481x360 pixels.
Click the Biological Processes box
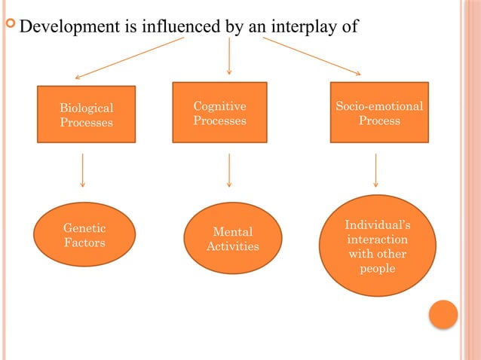[x=87, y=114]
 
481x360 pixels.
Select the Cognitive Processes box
[x=219, y=112]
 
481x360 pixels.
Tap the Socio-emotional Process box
[x=379, y=112]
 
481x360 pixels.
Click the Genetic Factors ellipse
[x=84, y=235]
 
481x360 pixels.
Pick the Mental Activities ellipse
[x=233, y=238]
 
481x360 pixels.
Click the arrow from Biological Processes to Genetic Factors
[x=82, y=171]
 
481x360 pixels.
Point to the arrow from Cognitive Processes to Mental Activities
[x=228, y=171]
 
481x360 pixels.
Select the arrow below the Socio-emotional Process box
[x=375, y=171]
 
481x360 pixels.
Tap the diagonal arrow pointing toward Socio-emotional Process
[x=311, y=56]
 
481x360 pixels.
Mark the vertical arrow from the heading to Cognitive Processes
[x=228, y=56]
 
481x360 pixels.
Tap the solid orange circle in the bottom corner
[x=443, y=314]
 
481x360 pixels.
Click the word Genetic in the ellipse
[x=84, y=228]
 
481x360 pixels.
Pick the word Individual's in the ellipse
[x=378, y=225]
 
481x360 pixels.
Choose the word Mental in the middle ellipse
[x=233, y=232]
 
